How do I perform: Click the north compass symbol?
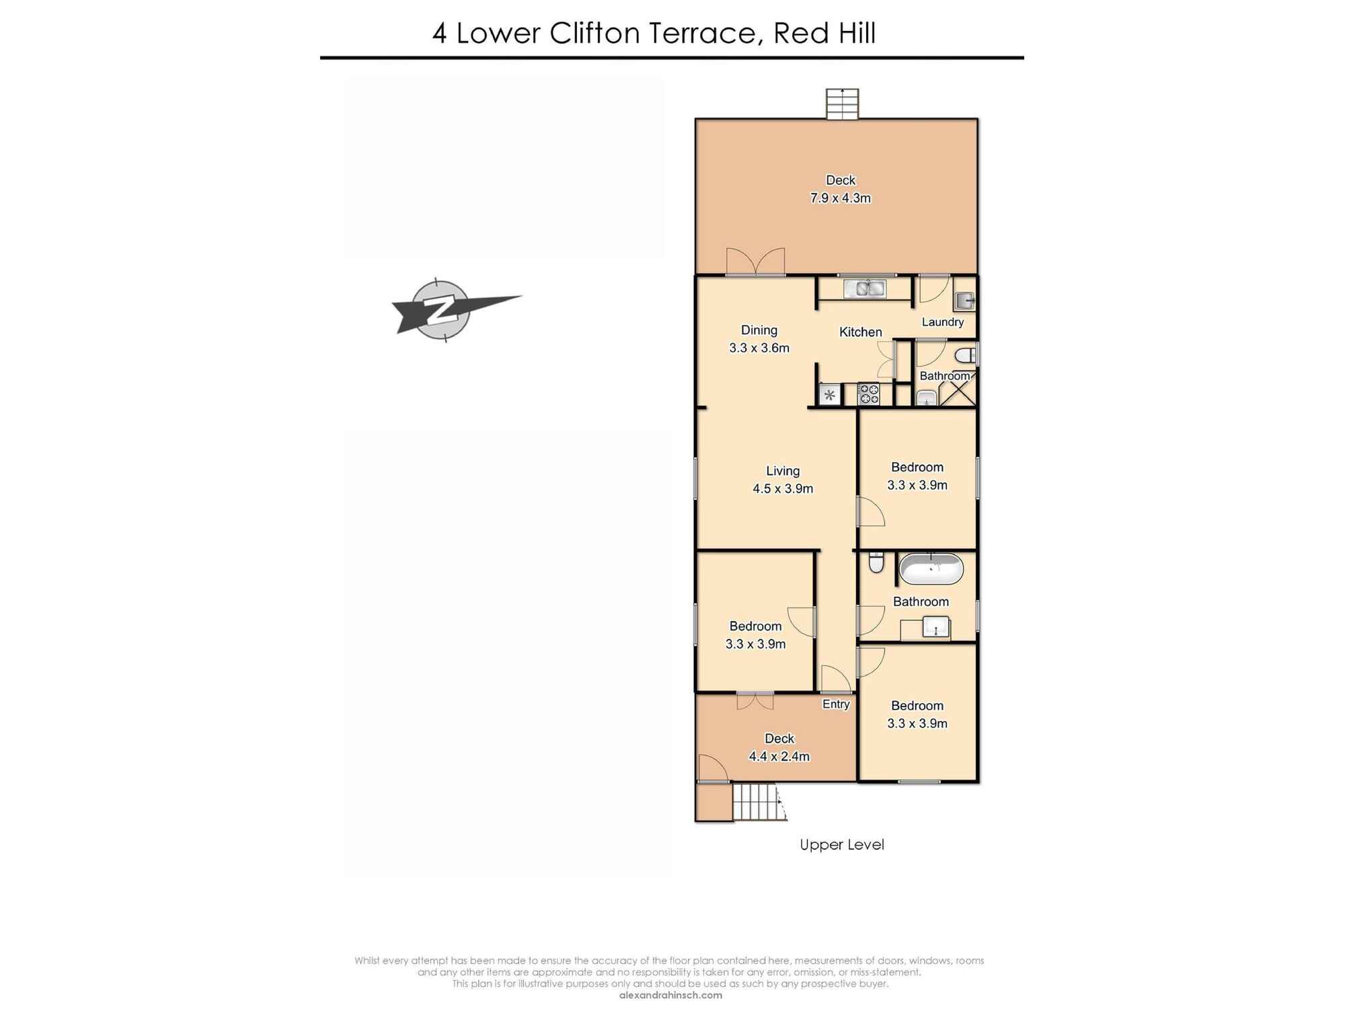[x=442, y=309]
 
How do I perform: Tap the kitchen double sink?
[x=865, y=289]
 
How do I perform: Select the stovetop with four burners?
[x=869, y=394]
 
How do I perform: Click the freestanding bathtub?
[x=931, y=569]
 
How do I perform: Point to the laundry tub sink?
[x=964, y=301]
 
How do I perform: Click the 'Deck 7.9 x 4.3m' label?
[x=840, y=189]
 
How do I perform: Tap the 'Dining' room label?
[x=759, y=330]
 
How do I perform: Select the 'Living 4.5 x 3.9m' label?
[x=783, y=480]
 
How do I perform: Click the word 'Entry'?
[x=836, y=704]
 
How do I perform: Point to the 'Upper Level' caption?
[x=841, y=845]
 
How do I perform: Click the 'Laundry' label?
[x=942, y=322]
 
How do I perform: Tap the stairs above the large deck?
[x=842, y=104]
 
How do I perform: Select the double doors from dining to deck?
[x=755, y=262]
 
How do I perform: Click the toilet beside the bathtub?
[x=876, y=562]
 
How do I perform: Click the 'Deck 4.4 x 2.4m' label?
[x=779, y=747]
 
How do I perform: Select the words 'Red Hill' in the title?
[x=824, y=33]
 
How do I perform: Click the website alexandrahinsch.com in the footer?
[x=670, y=996]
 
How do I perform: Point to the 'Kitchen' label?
[x=860, y=332]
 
